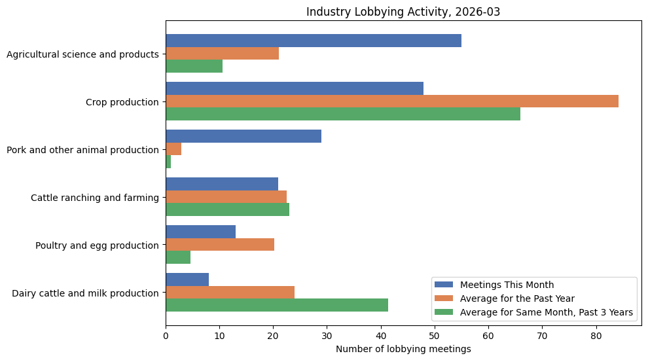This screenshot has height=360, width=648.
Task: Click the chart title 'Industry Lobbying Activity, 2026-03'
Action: click(x=403, y=12)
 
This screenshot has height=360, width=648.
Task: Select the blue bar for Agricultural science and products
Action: click(x=314, y=41)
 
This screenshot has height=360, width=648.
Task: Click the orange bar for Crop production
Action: click(x=392, y=101)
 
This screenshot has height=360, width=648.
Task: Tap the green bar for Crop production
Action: click(x=343, y=114)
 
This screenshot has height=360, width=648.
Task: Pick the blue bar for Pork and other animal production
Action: click(x=243, y=136)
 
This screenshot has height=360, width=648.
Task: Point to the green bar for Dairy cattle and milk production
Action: click(x=277, y=305)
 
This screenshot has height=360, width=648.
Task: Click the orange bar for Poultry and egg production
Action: click(x=220, y=245)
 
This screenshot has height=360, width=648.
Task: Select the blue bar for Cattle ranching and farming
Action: click(x=222, y=184)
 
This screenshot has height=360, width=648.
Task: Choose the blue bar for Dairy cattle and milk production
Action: click(x=187, y=279)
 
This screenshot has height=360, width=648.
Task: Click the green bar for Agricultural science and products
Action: click(x=194, y=66)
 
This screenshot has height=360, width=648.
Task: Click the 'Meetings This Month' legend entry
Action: click(x=507, y=285)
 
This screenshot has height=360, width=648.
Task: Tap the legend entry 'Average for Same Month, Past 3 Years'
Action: click(x=547, y=313)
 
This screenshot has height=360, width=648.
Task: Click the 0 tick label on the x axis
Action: click(x=166, y=336)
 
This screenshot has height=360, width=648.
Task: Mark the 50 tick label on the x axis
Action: click(x=435, y=336)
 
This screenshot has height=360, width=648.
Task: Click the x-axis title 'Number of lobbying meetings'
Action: click(x=403, y=350)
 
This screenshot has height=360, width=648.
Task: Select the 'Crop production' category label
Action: click(x=122, y=102)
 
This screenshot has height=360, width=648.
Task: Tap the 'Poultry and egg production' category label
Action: click(x=97, y=245)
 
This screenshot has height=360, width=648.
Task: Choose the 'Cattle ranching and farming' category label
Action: click(x=95, y=198)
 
